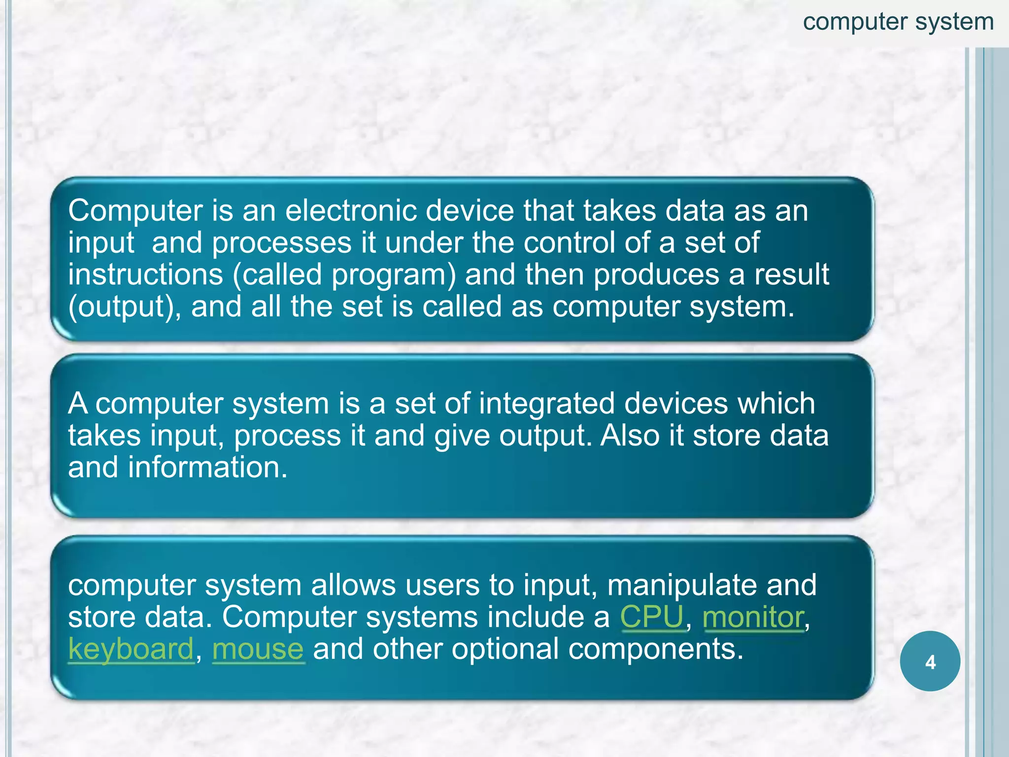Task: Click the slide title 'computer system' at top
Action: (x=898, y=22)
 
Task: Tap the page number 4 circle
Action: (x=930, y=661)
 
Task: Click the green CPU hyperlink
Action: (x=652, y=617)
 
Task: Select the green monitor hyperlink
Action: (x=753, y=617)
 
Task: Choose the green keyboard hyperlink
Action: (x=131, y=649)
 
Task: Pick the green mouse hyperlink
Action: (x=258, y=649)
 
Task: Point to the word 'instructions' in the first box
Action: (x=145, y=275)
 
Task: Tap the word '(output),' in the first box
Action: (x=125, y=307)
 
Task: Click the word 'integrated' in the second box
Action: (x=547, y=403)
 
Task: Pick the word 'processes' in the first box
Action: (x=282, y=242)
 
